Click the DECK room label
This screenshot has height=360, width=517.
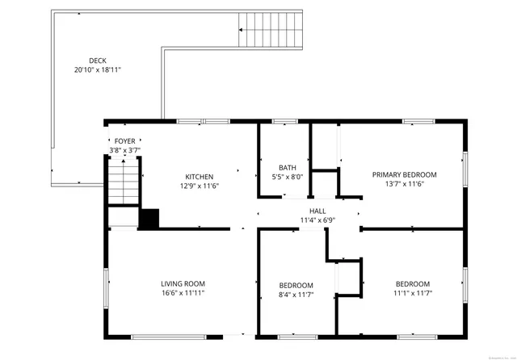97,61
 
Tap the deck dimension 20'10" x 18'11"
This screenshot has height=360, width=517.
97,70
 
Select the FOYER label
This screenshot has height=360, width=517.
124,140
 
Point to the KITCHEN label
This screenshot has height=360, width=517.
200,177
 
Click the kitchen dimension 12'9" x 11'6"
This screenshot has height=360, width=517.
200,186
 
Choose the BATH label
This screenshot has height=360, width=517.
288,167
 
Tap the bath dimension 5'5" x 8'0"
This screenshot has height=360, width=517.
288,177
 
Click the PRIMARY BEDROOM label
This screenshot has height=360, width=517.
404,174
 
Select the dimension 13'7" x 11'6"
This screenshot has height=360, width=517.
404,184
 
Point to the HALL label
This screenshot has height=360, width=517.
306,210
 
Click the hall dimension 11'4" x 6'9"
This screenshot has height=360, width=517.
306,220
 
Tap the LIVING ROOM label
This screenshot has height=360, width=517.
183,283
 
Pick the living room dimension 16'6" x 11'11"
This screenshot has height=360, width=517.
183,293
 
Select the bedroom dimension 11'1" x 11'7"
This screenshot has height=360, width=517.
412,294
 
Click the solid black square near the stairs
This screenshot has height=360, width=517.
149,219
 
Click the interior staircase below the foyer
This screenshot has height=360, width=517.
124,182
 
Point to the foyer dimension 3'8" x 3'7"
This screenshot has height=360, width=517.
124,150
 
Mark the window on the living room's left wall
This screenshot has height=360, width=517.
107,287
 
